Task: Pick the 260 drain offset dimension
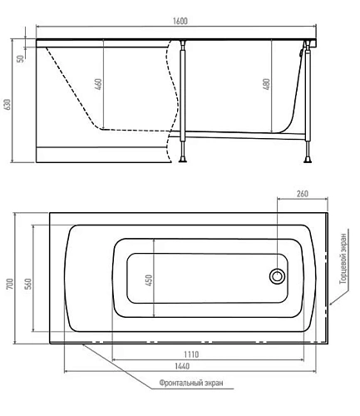tap(301, 195)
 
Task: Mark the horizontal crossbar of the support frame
tap(246, 131)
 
